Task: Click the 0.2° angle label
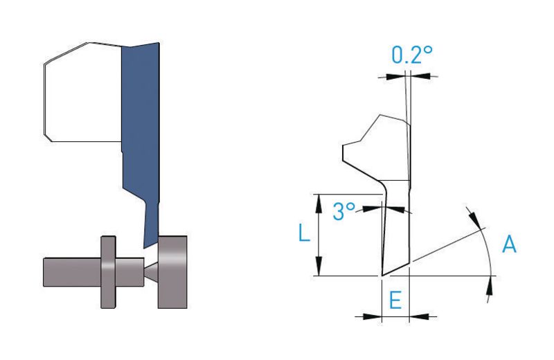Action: (x=412, y=55)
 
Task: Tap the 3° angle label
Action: (x=343, y=211)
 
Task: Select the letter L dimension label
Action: (x=304, y=233)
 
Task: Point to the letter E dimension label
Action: (x=395, y=300)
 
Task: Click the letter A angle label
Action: (x=509, y=244)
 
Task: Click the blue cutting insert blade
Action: (x=141, y=134)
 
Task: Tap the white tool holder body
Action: (x=83, y=93)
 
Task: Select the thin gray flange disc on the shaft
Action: (x=108, y=271)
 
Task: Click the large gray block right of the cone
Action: (x=172, y=271)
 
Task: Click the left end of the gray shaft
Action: (x=44, y=272)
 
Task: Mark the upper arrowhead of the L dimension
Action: (x=319, y=203)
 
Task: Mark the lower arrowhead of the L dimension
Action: (x=319, y=267)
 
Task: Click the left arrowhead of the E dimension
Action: (x=373, y=316)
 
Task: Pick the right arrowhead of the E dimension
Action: (x=419, y=316)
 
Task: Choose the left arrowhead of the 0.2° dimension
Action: (x=395, y=76)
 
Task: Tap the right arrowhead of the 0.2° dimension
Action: (x=421, y=75)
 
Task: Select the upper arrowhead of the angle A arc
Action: (x=476, y=219)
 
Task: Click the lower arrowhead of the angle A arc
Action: (x=490, y=285)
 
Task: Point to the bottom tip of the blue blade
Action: (x=144, y=248)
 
